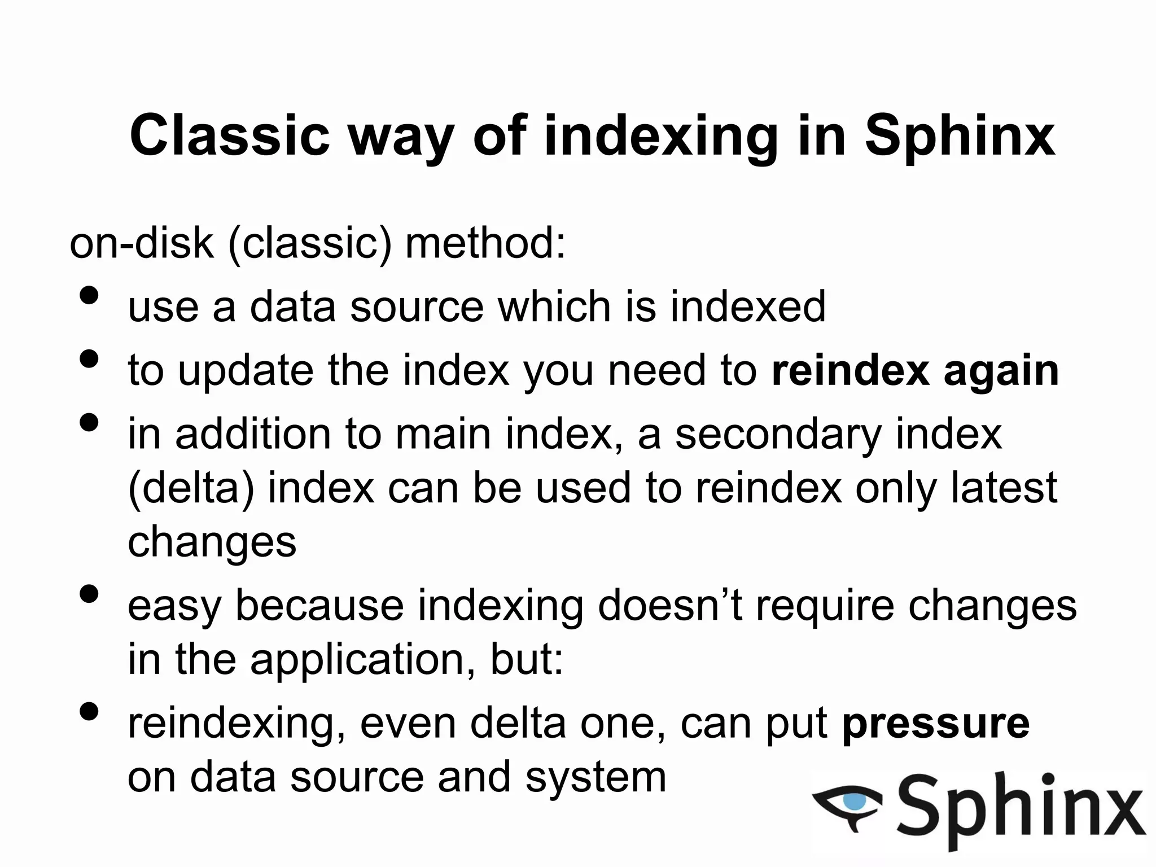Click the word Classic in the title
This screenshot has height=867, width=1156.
point(229,135)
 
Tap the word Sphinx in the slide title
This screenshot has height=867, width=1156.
point(960,135)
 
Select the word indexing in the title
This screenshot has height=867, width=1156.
point(660,135)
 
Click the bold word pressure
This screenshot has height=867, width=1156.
point(936,724)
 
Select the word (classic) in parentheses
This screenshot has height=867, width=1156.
point(310,244)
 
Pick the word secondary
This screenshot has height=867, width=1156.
point(778,435)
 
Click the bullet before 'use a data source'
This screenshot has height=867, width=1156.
point(89,296)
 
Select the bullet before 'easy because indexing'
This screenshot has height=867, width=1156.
point(89,594)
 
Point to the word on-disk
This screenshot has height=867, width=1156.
point(141,244)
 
